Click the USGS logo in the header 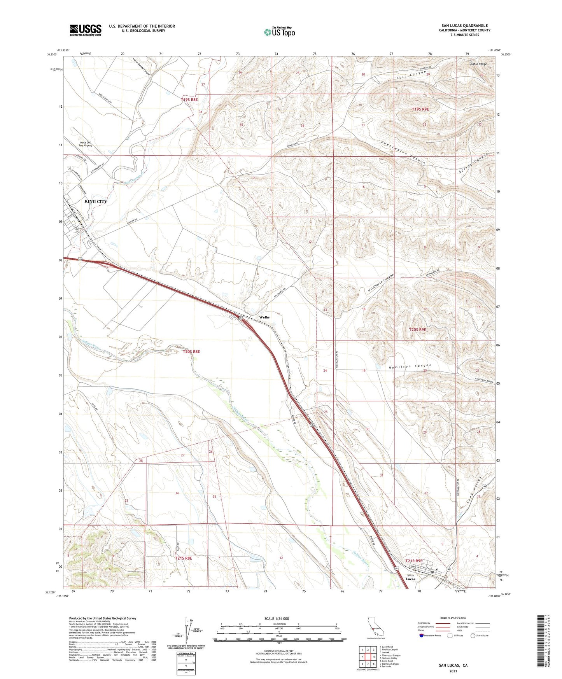coord(86,30)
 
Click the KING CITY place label coord(96,201)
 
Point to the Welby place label coord(264,317)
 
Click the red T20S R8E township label coord(191,352)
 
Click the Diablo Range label coord(478,63)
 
